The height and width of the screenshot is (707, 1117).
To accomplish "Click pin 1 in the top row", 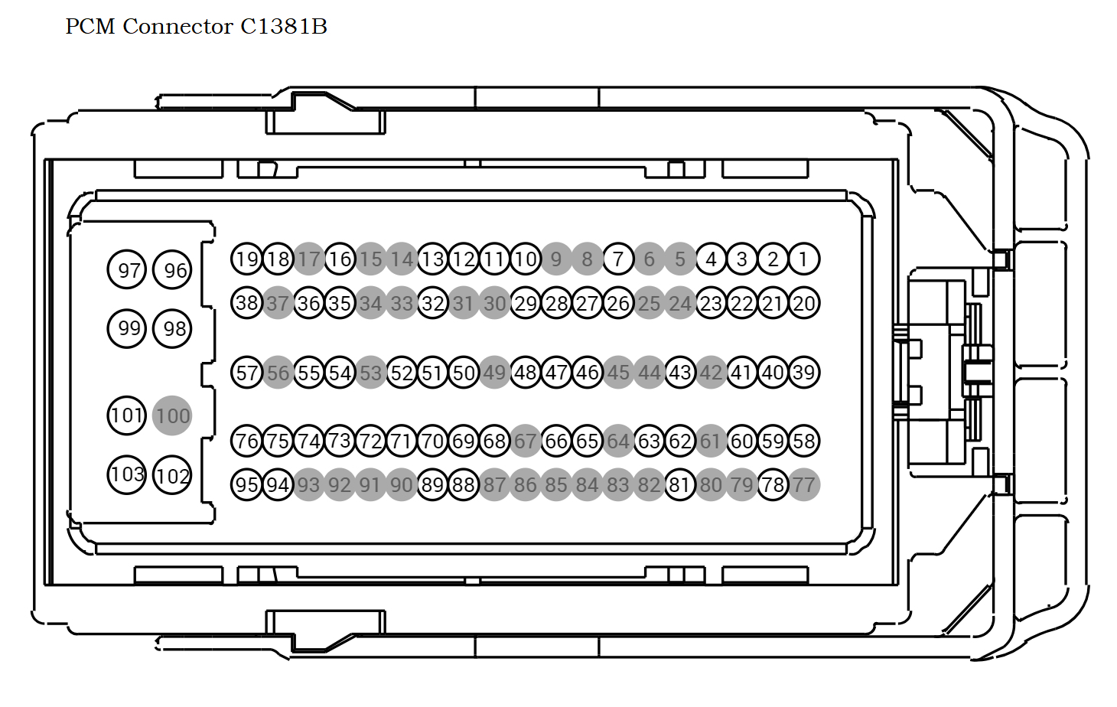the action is tap(803, 259).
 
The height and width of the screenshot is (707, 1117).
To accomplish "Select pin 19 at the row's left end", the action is tap(246, 259).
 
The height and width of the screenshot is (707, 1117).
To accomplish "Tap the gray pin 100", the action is tap(172, 415).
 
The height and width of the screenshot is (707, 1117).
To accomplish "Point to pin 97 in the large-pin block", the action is tap(127, 269).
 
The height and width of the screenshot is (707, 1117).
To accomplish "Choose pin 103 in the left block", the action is tap(127, 474).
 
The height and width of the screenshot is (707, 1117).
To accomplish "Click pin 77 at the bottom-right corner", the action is tap(803, 484).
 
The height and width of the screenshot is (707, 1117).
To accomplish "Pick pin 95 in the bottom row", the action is tap(246, 484).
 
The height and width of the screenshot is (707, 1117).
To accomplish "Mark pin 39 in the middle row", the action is tap(803, 373).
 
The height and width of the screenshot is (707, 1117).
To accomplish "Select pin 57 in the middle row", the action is tap(246, 373).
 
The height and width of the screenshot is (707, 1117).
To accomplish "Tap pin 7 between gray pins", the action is tap(618, 259).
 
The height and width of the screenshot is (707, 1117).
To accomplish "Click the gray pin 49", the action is tap(494, 373).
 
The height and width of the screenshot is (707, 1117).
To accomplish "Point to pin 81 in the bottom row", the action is tap(679, 484).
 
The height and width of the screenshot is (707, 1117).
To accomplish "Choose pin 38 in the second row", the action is tap(246, 303).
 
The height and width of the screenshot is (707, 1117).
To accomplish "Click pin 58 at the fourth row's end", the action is tap(803, 441).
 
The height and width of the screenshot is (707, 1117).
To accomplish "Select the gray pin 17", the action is tap(308, 259).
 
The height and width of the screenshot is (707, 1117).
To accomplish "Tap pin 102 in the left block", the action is tap(172, 476).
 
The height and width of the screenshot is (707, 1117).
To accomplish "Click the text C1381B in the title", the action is tap(284, 26).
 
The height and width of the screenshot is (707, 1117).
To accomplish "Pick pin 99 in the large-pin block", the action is tap(127, 328).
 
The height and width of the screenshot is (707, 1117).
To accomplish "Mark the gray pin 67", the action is tap(525, 441).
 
